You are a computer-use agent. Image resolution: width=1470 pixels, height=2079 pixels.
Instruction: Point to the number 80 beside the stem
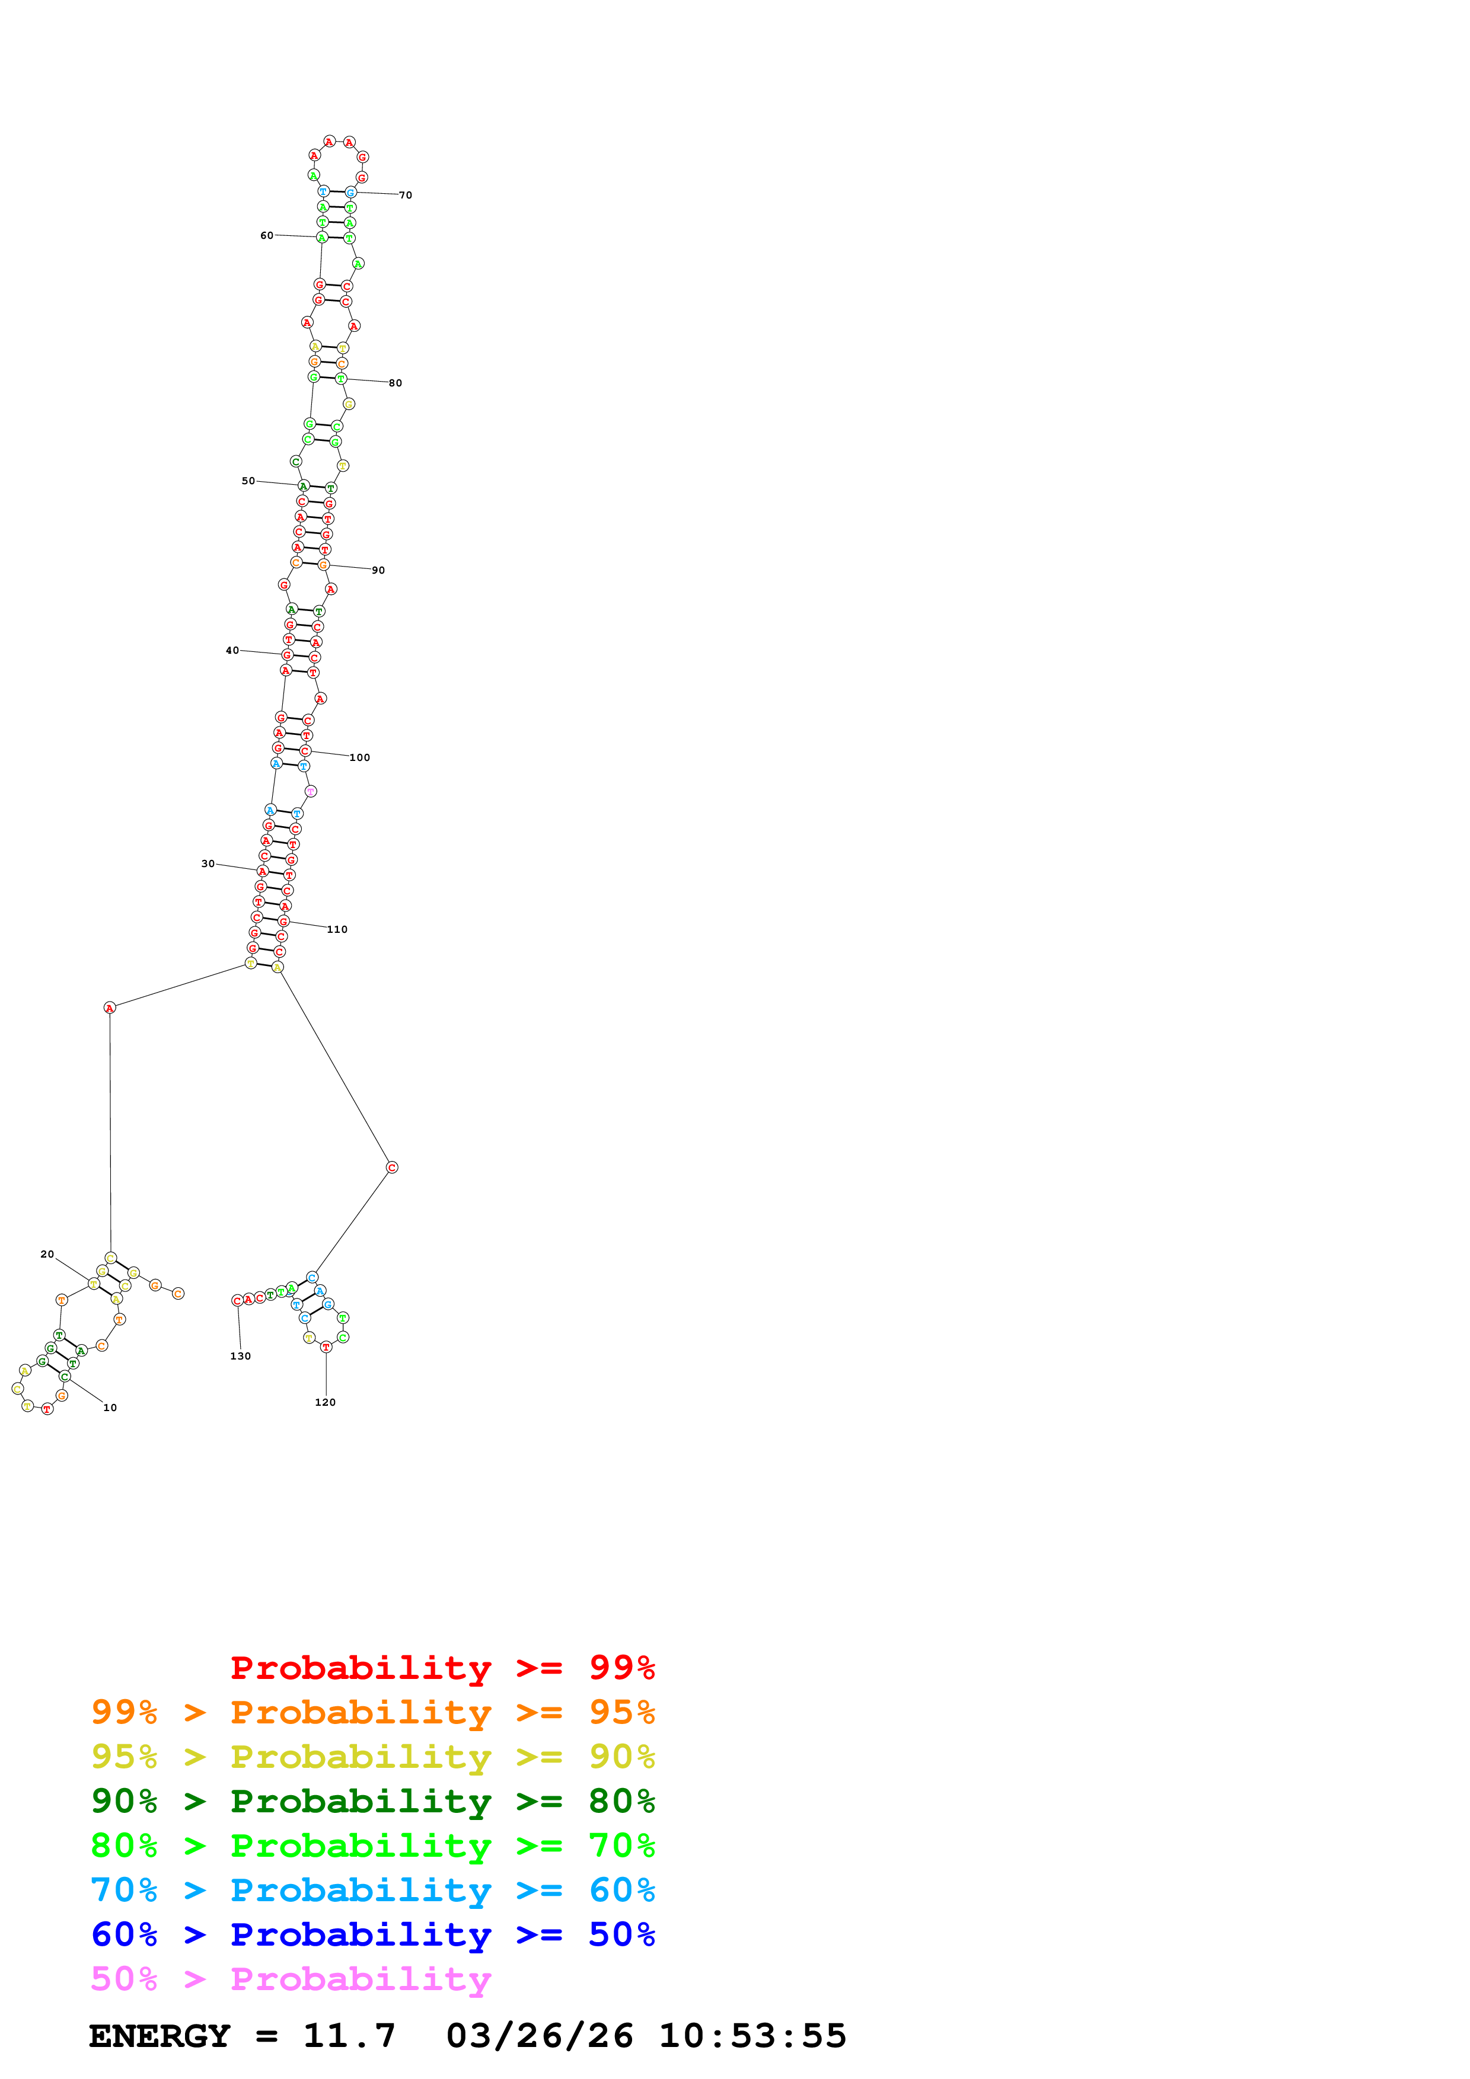(x=395, y=383)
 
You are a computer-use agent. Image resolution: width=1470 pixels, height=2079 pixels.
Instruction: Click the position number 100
(x=359, y=758)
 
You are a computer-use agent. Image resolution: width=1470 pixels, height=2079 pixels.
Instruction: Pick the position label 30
(x=208, y=864)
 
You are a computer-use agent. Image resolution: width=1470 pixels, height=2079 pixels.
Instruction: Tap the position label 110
(x=337, y=929)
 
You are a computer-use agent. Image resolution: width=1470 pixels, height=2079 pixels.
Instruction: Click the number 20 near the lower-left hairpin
(x=47, y=1254)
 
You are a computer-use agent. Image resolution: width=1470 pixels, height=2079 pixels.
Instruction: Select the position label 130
(x=240, y=1355)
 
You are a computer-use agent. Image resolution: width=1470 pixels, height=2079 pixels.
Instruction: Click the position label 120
(x=325, y=1402)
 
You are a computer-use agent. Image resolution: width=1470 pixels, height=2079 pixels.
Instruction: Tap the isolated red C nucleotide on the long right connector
(x=392, y=1167)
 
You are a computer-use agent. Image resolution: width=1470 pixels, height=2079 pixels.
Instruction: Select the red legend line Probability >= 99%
(x=442, y=1667)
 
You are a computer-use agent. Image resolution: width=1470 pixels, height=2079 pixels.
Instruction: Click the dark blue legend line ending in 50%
(x=372, y=1934)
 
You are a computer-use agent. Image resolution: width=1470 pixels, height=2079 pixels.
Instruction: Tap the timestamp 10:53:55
(x=752, y=2036)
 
